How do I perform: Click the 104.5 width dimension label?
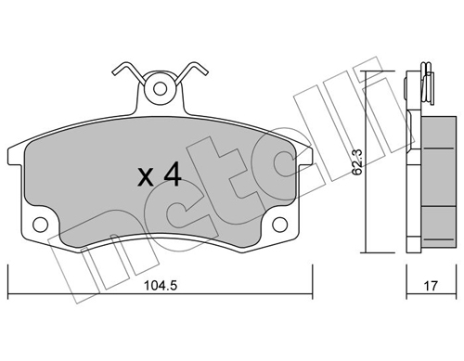pyautogui.click(x=161, y=286)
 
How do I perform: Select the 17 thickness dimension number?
pyautogui.click(x=431, y=286)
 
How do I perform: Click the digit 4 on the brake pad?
pyautogui.click(x=173, y=175)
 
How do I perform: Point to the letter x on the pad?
pyautogui.click(x=146, y=179)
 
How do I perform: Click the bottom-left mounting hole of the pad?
pyautogui.click(x=41, y=225)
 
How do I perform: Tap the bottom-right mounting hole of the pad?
pyautogui.click(x=280, y=225)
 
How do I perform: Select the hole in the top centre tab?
pyautogui.click(x=160, y=89)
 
